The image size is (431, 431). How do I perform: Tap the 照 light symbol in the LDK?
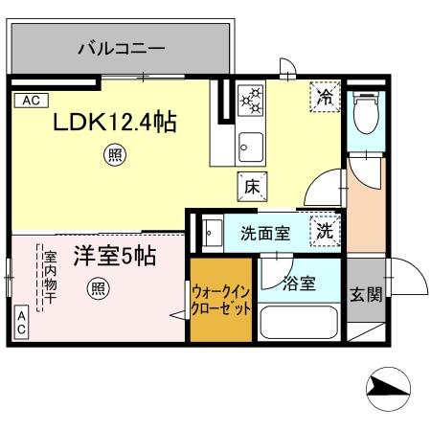(115, 152)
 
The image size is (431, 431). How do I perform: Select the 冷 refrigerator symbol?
(326, 97)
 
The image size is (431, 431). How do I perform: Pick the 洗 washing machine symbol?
(327, 230)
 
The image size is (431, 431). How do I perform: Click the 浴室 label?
(299, 283)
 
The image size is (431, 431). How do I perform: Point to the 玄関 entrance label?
(365, 294)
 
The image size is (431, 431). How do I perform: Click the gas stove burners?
(251, 99)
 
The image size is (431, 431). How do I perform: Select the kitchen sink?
(251, 146)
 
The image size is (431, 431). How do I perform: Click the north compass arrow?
(389, 387)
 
